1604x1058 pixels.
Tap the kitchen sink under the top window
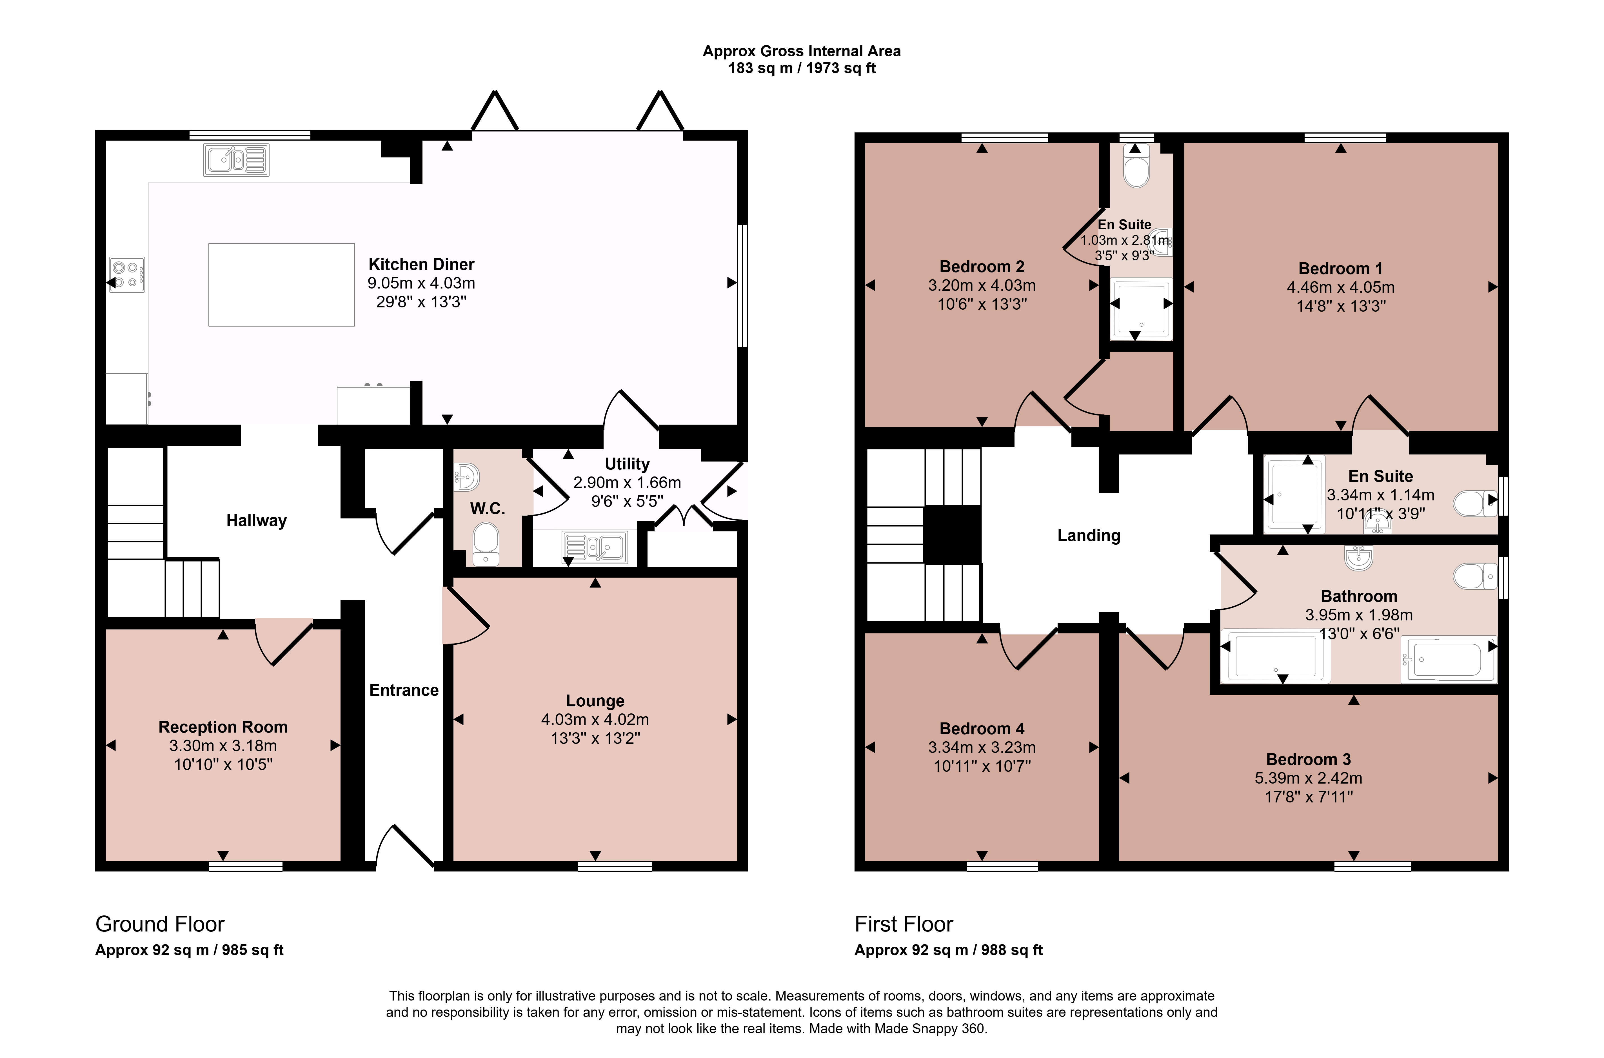[236, 160]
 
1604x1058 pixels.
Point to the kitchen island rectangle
[281, 285]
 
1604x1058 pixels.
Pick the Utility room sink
[595, 548]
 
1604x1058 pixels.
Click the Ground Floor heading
[160, 924]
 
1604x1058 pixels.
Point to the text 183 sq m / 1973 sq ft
[802, 68]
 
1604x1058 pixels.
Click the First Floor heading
[904, 924]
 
